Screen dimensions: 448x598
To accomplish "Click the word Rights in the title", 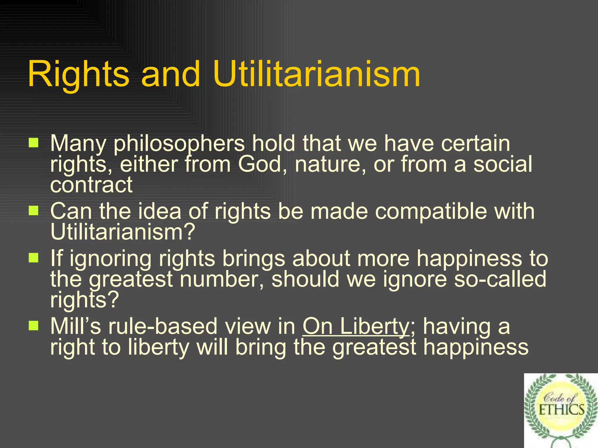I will (78, 74).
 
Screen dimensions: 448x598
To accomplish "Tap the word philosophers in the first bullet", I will (179, 143).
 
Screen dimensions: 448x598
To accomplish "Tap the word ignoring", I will (110, 259).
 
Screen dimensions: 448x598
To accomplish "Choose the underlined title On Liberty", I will (356, 326).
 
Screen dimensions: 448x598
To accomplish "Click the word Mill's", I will (76, 326).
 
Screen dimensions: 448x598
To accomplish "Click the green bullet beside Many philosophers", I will (34, 143).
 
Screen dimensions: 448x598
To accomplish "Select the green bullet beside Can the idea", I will (34, 210).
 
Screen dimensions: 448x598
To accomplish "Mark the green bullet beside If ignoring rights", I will (34, 258).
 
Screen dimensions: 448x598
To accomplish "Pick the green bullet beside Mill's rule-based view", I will (34, 325).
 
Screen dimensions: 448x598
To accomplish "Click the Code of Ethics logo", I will (561, 410).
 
